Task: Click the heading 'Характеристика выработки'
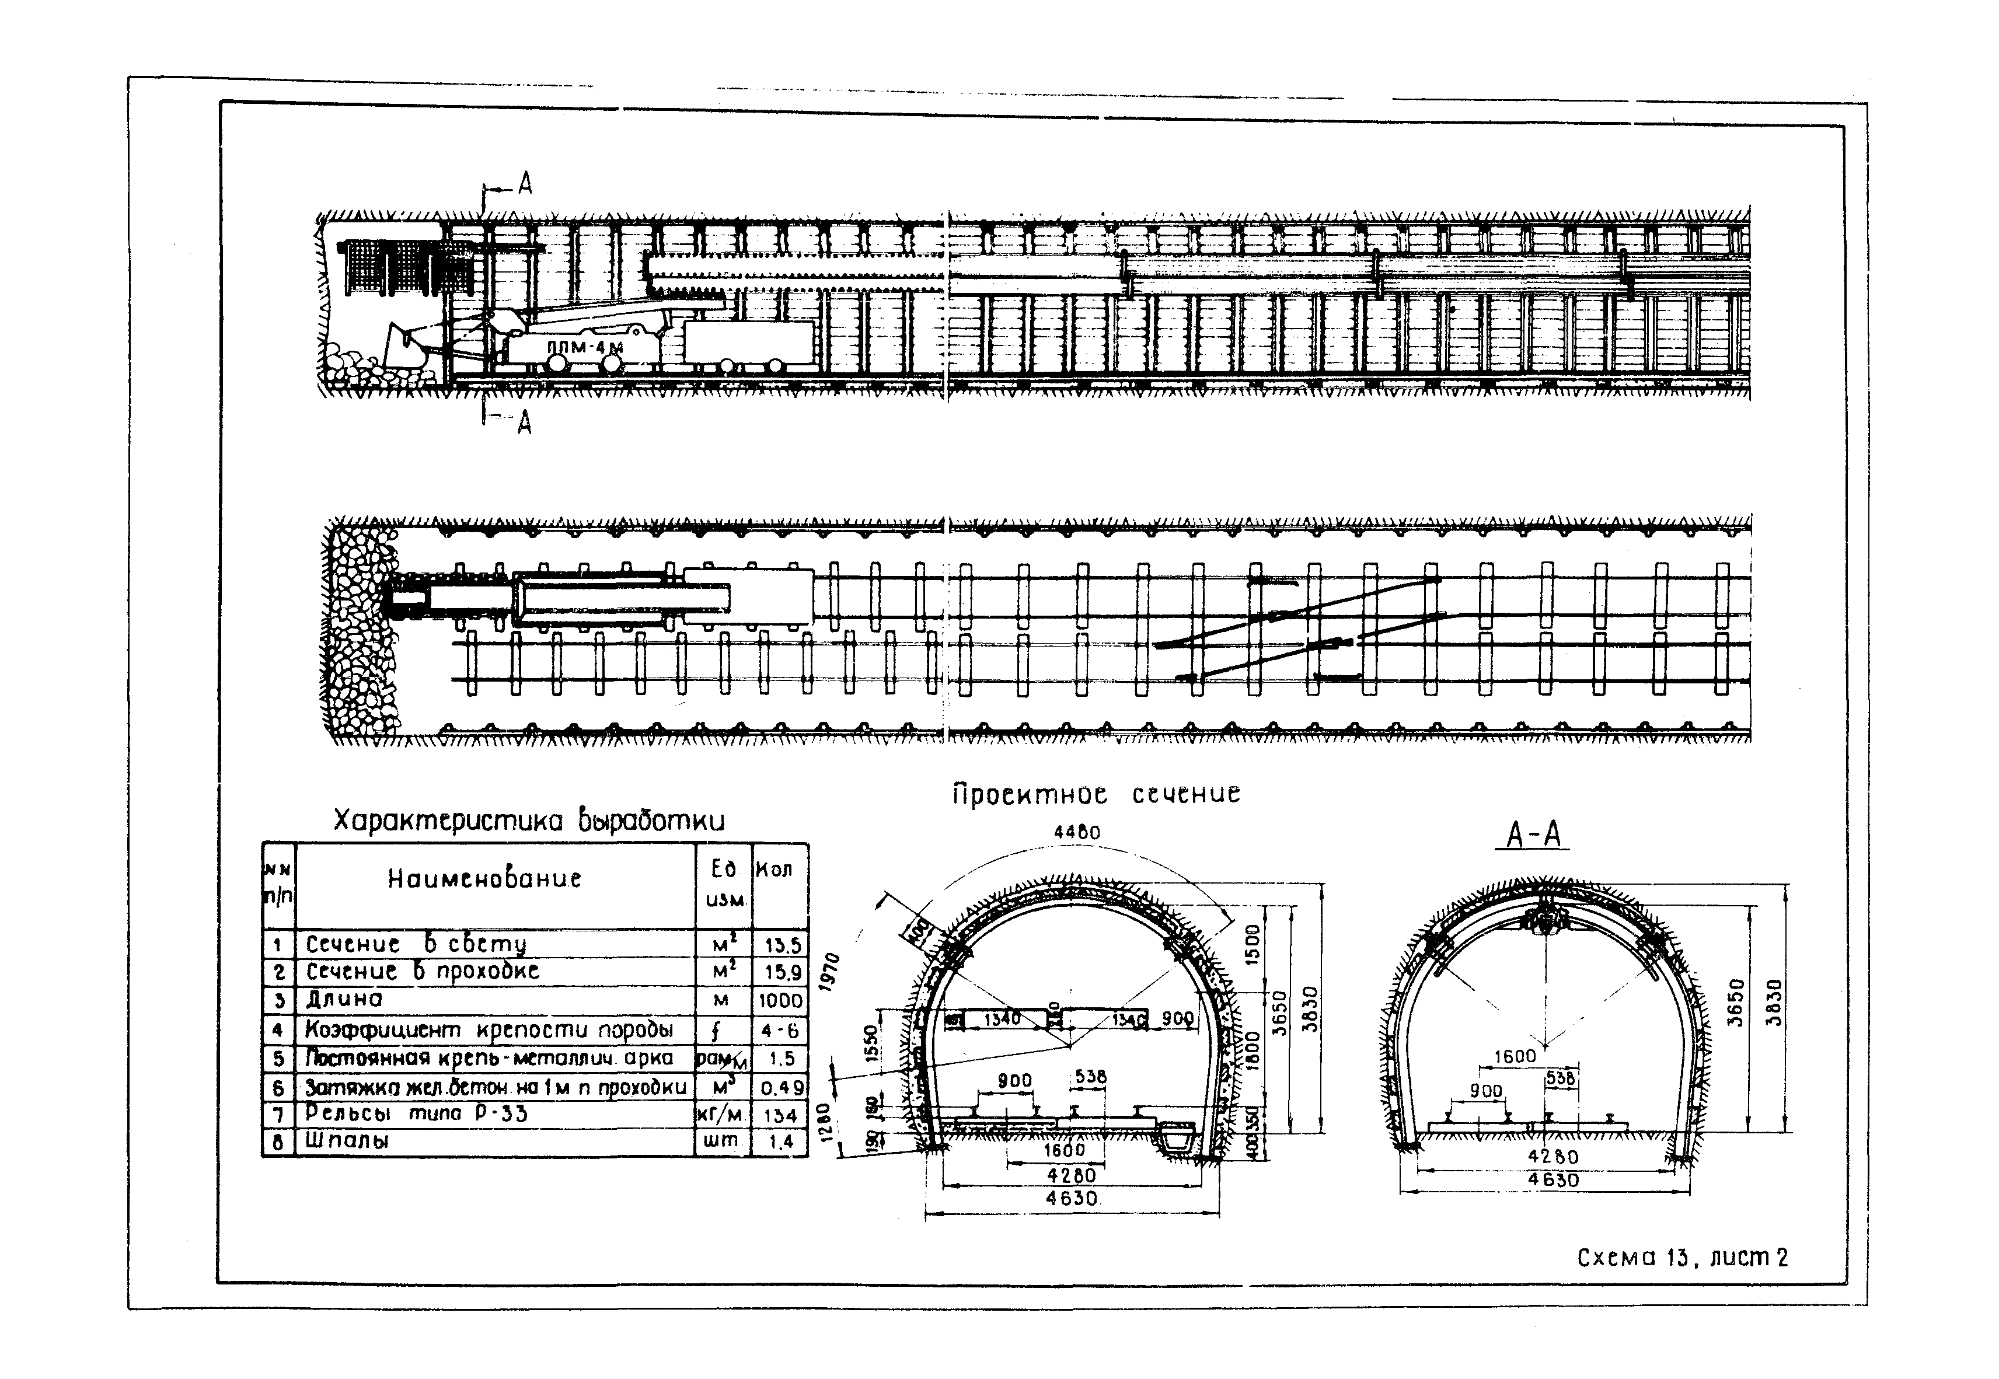click(529, 820)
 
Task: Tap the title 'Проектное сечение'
click(1096, 793)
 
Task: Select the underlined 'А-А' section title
click(1531, 835)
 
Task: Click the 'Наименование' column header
click(484, 879)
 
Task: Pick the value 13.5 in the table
click(782, 945)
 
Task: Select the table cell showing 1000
click(780, 1001)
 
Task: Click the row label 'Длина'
click(344, 1000)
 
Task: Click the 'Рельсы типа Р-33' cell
click(416, 1113)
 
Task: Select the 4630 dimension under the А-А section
click(1553, 1179)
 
